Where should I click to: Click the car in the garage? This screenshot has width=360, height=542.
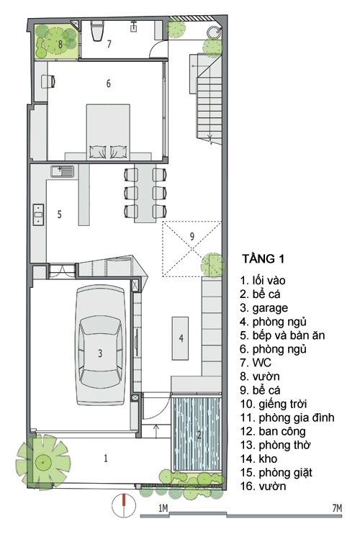100,345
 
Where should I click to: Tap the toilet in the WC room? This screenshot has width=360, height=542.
96,31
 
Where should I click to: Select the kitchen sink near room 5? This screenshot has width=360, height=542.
62,171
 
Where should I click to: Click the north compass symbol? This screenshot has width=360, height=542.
124,506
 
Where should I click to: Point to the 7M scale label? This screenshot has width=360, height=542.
337,508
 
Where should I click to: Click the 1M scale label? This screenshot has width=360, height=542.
163,508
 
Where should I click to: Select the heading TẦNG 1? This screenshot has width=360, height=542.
263,258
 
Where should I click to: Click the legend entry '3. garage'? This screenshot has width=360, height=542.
264,308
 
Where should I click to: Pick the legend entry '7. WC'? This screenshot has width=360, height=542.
256,363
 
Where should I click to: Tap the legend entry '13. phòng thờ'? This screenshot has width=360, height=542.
275,446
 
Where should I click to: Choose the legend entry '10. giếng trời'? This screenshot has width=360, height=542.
274,404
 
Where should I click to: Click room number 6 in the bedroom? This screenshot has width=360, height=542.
108,83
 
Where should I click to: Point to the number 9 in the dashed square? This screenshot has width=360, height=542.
192,236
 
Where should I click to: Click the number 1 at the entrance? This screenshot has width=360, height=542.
106,458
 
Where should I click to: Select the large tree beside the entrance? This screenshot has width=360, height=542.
43,461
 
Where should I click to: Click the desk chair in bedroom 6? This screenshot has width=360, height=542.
48,81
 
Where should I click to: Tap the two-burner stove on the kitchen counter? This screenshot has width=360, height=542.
38,214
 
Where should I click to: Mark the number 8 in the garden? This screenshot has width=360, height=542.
60,44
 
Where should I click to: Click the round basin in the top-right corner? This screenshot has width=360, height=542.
214,33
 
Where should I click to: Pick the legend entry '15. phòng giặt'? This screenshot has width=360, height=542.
276,472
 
